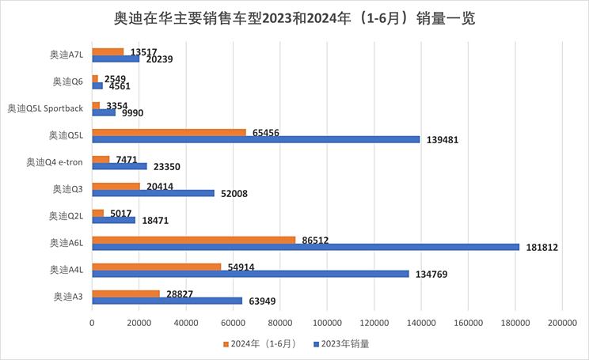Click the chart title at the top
294,17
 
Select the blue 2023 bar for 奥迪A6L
306,247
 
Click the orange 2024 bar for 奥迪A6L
194,239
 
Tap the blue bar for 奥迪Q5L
256,139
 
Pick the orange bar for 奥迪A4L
157,267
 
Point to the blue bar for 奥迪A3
167,301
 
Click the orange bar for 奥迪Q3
116,186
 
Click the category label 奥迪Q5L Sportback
45,108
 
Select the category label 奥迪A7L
66,54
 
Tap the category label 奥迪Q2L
66,216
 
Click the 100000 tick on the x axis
327,323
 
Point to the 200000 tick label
561,323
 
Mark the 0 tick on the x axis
93,323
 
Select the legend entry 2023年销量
342,343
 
